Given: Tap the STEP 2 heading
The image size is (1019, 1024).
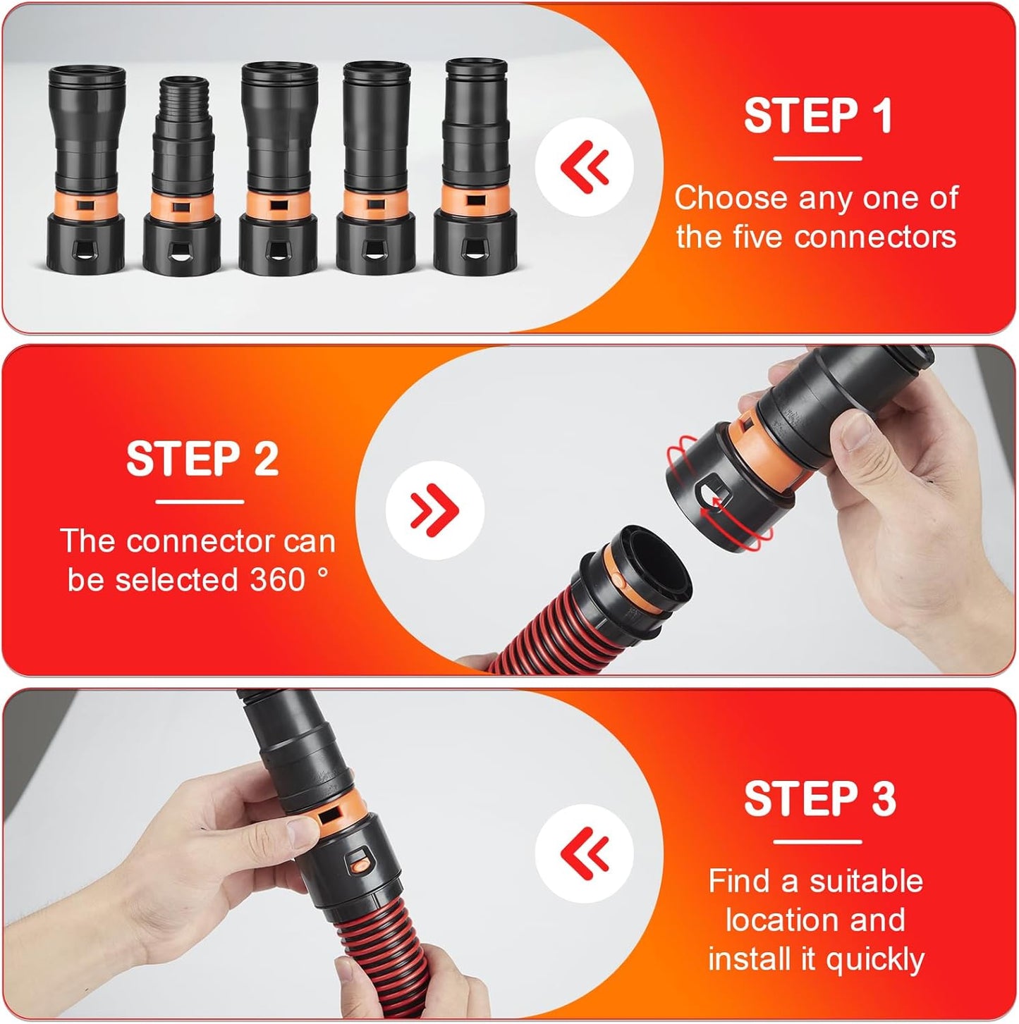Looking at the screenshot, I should [x=202, y=459].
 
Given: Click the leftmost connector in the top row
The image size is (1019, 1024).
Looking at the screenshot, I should [x=86, y=169].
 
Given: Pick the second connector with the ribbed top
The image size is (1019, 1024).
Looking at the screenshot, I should [x=182, y=176].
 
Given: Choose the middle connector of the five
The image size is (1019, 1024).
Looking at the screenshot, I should [x=279, y=169].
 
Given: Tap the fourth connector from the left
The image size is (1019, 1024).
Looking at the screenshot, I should [x=375, y=169].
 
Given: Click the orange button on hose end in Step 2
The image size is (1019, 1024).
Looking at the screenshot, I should [x=616, y=580].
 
